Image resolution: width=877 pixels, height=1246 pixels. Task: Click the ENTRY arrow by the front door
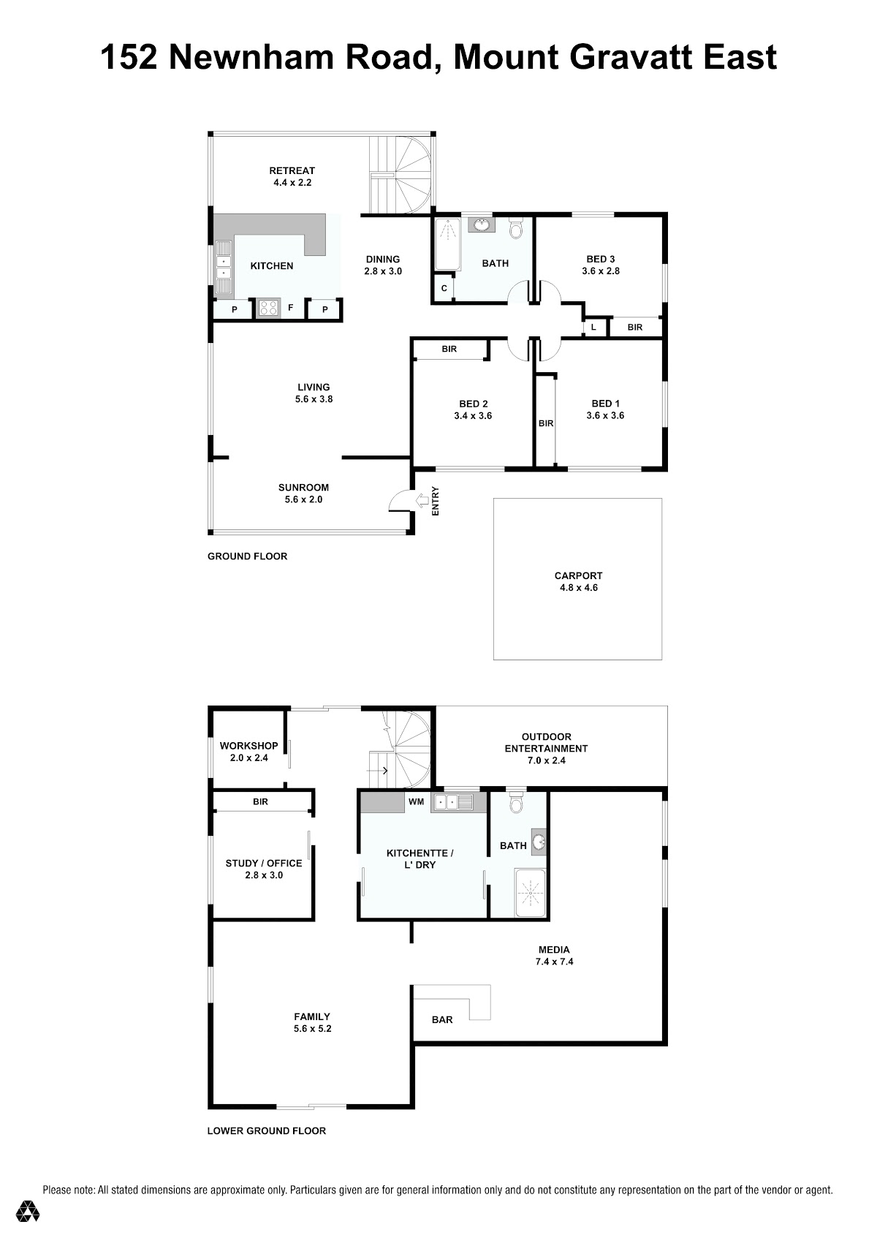click(422, 502)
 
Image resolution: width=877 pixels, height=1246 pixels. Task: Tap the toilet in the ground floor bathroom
click(516, 229)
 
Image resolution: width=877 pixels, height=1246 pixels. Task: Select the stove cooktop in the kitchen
click(269, 308)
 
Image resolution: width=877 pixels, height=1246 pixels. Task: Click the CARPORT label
click(578, 575)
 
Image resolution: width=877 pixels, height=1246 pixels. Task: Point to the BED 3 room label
click(601, 259)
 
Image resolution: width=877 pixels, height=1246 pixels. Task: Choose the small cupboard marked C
click(444, 288)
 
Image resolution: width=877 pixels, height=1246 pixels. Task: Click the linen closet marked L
click(593, 327)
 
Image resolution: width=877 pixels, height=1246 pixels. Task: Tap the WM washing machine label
click(416, 801)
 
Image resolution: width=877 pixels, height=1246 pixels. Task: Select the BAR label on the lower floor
click(442, 1019)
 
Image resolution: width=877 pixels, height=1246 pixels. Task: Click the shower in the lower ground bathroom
click(530, 891)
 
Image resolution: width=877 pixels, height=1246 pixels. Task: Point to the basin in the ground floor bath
click(480, 225)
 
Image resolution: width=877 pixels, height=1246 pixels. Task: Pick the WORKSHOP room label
click(248, 746)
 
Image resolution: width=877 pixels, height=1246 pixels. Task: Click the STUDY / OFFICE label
click(264, 864)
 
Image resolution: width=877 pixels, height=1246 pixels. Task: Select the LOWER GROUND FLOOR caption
click(266, 1131)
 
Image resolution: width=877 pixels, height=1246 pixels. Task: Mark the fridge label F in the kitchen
click(290, 308)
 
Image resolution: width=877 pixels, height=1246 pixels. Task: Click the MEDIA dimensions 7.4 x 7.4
click(554, 962)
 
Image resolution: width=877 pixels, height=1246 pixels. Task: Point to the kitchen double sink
click(223, 267)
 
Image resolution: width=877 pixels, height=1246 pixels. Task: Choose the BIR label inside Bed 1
click(545, 423)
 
